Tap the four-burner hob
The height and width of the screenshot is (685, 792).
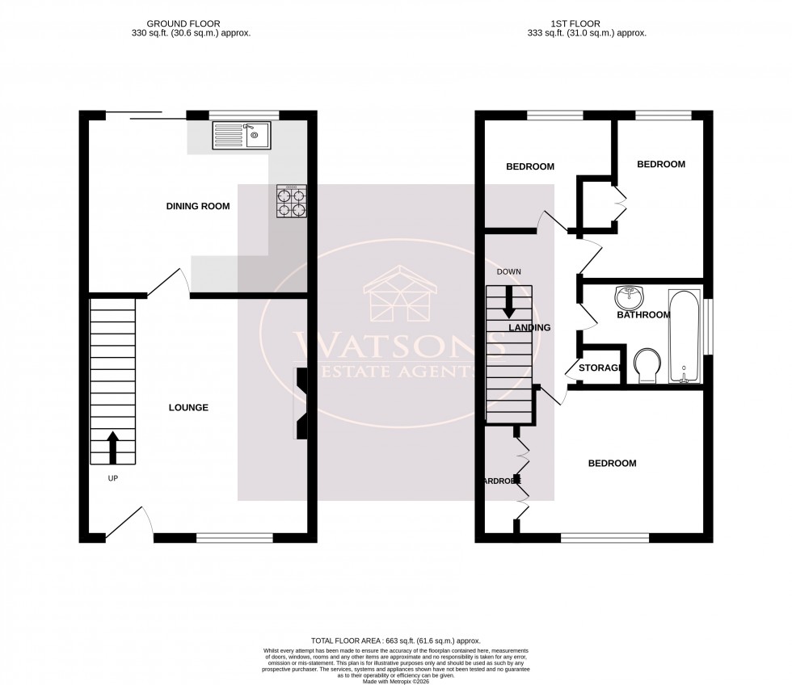[292, 201]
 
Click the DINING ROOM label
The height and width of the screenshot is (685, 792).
[198, 206]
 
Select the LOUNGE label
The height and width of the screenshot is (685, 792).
[188, 408]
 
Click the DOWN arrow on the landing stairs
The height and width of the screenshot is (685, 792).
[509, 302]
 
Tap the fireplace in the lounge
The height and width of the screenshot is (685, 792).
[301, 403]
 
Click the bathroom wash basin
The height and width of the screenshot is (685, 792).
[628, 297]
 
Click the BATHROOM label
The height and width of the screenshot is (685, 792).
[643, 315]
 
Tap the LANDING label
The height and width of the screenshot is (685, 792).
[529, 328]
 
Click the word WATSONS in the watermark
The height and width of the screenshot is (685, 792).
[395, 344]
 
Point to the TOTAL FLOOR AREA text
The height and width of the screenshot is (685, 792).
[396, 639]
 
